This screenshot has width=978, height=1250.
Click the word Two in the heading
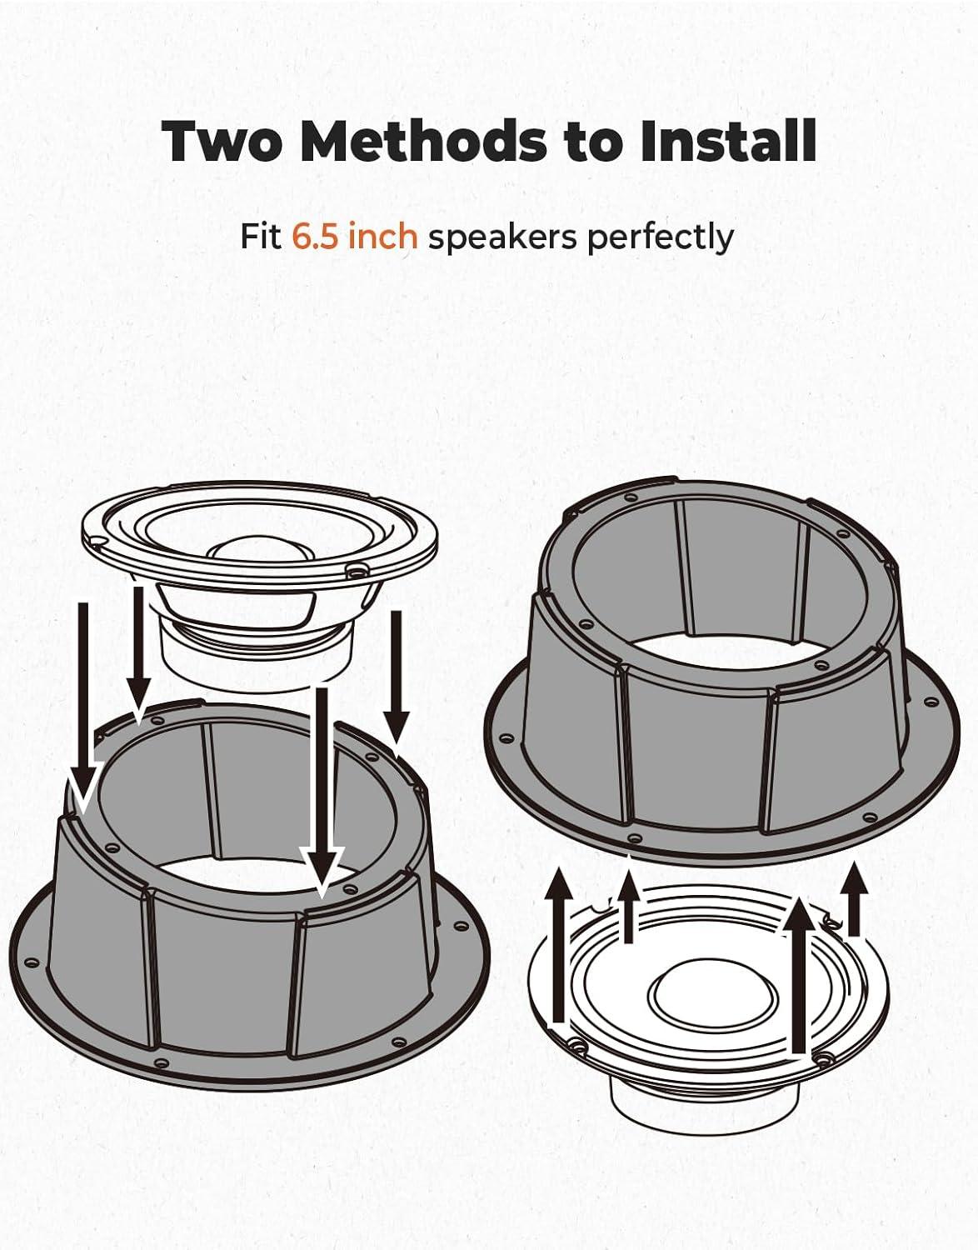pos(221,141)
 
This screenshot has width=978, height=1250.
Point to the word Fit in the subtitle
pos(261,236)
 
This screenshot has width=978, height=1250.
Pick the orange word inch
pos(382,236)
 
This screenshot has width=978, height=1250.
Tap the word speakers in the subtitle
pos(502,237)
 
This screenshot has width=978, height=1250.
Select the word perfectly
pos(660,237)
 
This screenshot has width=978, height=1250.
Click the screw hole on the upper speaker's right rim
pos(355,571)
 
